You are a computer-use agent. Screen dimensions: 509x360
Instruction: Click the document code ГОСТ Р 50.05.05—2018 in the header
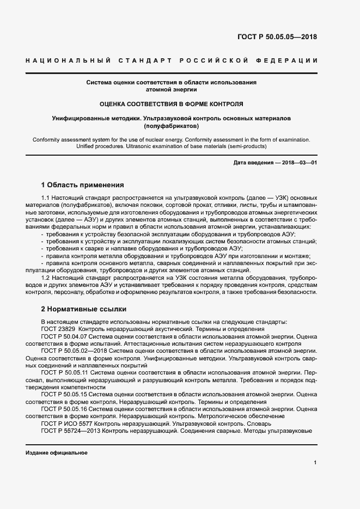point(277,38)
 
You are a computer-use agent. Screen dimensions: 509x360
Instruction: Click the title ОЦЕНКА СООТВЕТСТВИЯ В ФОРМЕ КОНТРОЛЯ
point(172,103)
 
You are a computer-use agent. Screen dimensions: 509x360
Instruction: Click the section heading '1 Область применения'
point(83,185)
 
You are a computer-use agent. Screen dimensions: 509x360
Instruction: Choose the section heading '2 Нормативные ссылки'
point(83,308)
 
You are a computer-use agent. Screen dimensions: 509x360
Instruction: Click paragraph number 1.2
point(46,278)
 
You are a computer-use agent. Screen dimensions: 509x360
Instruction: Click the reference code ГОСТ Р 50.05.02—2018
point(74,352)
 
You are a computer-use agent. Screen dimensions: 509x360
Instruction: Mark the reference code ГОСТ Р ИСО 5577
point(66,423)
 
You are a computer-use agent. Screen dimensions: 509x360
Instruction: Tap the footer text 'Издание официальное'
point(56,453)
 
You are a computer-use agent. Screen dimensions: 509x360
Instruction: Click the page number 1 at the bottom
point(315,463)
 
